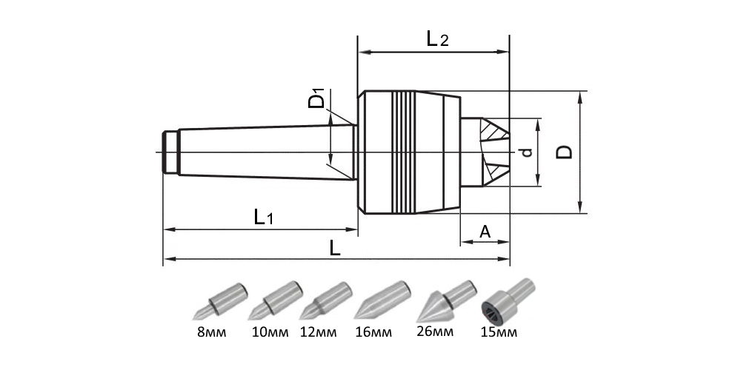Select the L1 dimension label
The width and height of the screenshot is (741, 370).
pyautogui.click(x=263, y=218)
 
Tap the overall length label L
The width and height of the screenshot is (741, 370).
pyautogui.click(x=335, y=249)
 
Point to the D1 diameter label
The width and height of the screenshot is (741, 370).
pyautogui.click(x=317, y=100)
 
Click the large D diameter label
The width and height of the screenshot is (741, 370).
pyautogui.click(x=564, y=152)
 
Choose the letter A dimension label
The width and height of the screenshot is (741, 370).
pyautogui.click(x=485, y=232)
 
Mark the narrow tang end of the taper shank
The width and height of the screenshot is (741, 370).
pyautogui.click(x=170, y=152)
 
